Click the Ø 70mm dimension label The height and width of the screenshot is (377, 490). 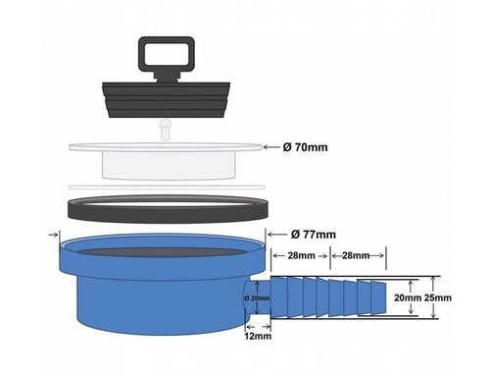(305, 147)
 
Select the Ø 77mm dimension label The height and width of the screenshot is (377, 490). (314, 235)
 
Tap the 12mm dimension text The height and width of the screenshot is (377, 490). (258, 336)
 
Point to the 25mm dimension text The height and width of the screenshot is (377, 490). (438, 297)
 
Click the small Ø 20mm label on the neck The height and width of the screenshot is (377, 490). (257, 297)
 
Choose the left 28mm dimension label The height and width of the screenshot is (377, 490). (301, 255)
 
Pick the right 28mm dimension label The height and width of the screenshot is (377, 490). (356, 255)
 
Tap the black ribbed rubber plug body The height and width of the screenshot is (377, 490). (167, 99)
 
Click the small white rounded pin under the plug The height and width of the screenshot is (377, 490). (165, 130)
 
